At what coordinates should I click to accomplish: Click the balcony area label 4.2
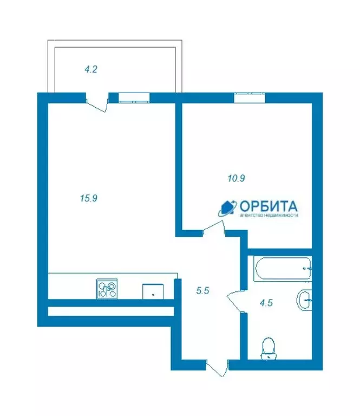[x=91, y=69]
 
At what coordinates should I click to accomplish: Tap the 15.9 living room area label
[x=88, y=198]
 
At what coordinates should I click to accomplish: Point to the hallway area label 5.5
[x=202, y=290]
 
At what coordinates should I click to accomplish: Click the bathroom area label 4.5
[x=266, y=303]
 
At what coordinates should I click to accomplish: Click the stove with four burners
[x=107, y=288]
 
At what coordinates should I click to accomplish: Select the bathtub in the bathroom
[x=282, y=268]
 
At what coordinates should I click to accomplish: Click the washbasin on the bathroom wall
[x=304, y=300]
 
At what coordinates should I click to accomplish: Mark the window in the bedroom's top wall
[x=250, y=97]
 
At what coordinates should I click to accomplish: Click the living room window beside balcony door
[x=134, y=97]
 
